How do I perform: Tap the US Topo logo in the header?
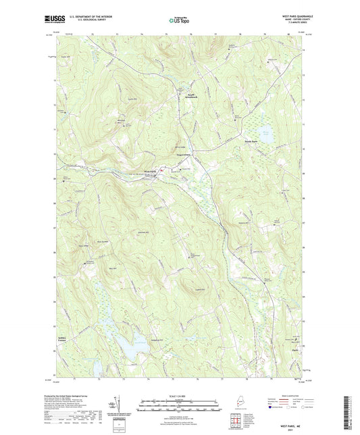click(179, 21)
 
